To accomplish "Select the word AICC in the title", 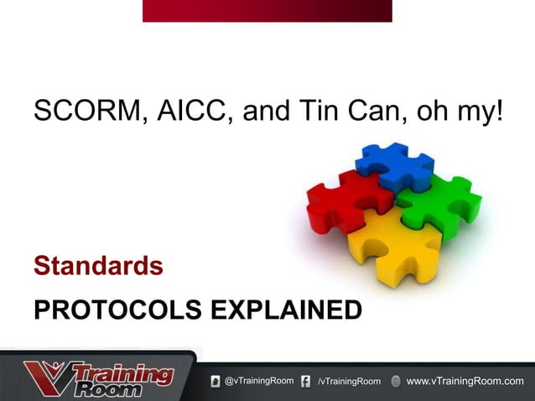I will click(x=189, y=111).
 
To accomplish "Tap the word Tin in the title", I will click(x=310, y=111).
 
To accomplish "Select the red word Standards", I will click(x=98, y=267).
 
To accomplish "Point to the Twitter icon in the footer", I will click(x=216, y=382).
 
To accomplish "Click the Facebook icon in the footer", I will click(x=306, y=382).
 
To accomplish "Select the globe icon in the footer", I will click(x=396, y=382).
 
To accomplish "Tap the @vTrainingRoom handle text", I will click(x=259, y=382).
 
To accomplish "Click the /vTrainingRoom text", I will click(x=349, y=383).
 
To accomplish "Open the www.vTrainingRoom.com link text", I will click(x=465, y=382).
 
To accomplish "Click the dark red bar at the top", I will click(x=267, y=10).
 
